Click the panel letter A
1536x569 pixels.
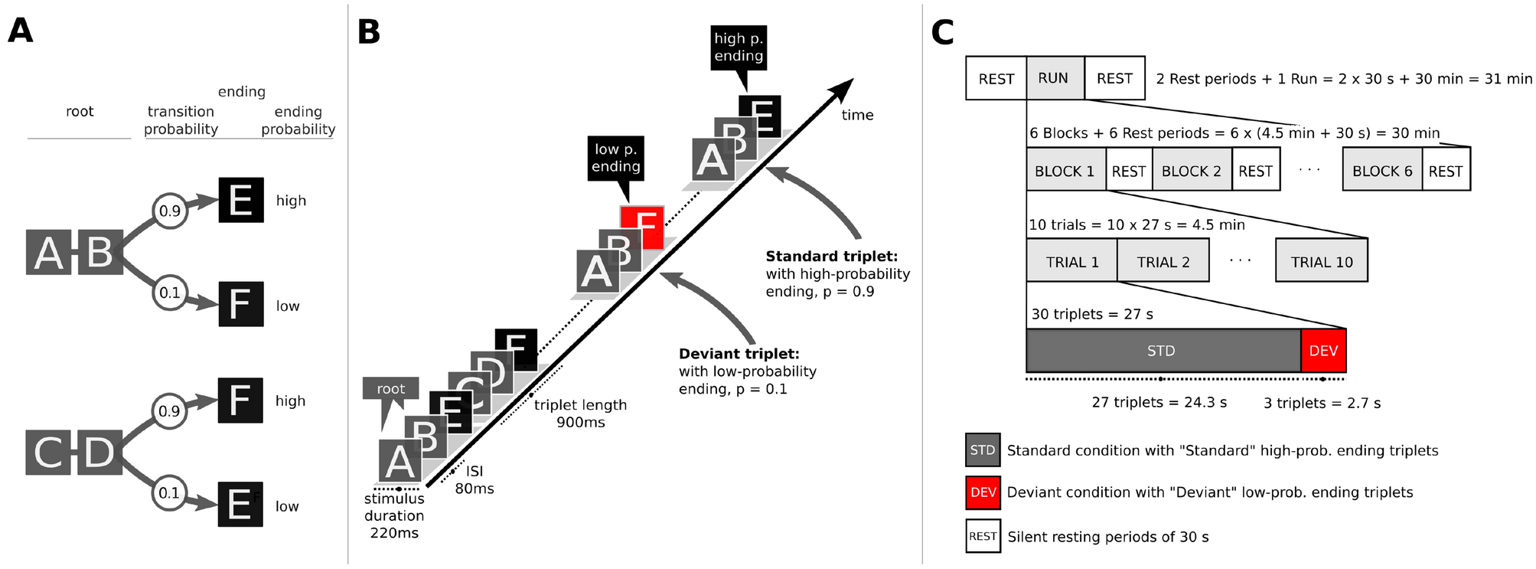(21, 31)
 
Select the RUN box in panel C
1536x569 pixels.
(1055, 78)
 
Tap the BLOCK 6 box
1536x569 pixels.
(1381, 171)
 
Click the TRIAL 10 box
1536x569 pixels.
(1321, 261)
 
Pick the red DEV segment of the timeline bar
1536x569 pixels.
(1322, 351)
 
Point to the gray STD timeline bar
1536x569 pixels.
(1162, 351)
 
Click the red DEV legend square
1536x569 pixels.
(983, 492)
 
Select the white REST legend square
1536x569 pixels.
(983, 536)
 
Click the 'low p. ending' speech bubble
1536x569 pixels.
(615, 158)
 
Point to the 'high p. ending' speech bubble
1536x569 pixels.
(738, 47)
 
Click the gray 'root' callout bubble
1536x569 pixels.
(390, 388)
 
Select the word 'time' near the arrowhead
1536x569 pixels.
(857, 115)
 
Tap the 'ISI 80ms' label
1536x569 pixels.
(474, 480)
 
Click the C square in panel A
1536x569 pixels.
(48, 452)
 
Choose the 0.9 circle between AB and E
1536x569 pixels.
(170, 211)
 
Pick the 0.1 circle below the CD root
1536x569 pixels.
(169, 493)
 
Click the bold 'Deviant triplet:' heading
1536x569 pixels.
(739, 354)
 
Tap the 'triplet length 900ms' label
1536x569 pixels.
(580, 414)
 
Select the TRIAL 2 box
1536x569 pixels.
(1163, 261)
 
